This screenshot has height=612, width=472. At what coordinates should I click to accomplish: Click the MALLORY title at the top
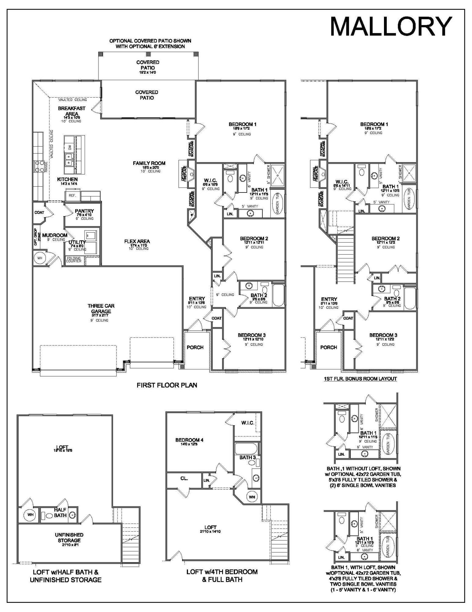[x=391, y=27]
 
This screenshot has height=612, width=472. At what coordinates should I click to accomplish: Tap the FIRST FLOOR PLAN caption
[x=167, y=385]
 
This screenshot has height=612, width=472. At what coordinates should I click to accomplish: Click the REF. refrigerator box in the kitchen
[x=72, y=195]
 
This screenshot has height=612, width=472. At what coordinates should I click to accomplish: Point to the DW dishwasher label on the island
[x=70, y=147]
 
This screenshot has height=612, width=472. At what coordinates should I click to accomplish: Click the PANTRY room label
[x=84, y=211]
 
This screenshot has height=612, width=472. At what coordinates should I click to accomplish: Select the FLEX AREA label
[x=137, y=241]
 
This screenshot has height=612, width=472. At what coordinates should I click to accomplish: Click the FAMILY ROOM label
[x=149, y=163]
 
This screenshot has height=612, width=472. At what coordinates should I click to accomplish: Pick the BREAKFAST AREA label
[x=71, y=111]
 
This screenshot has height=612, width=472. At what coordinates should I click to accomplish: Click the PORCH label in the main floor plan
[x=195, y=347]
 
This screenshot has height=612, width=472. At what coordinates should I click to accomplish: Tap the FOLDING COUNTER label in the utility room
[x=74, y=260]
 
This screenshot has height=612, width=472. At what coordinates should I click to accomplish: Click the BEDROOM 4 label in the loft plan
[x=189, y=440]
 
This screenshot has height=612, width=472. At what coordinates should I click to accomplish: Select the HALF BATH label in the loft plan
[x=60, y=512]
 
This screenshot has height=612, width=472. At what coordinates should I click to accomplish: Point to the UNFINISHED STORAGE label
[x=69, y=538]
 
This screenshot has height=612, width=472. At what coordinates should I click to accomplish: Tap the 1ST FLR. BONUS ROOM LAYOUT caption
[x=360, y=379]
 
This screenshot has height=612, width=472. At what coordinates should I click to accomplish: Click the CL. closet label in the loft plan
[x=184, y=478]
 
